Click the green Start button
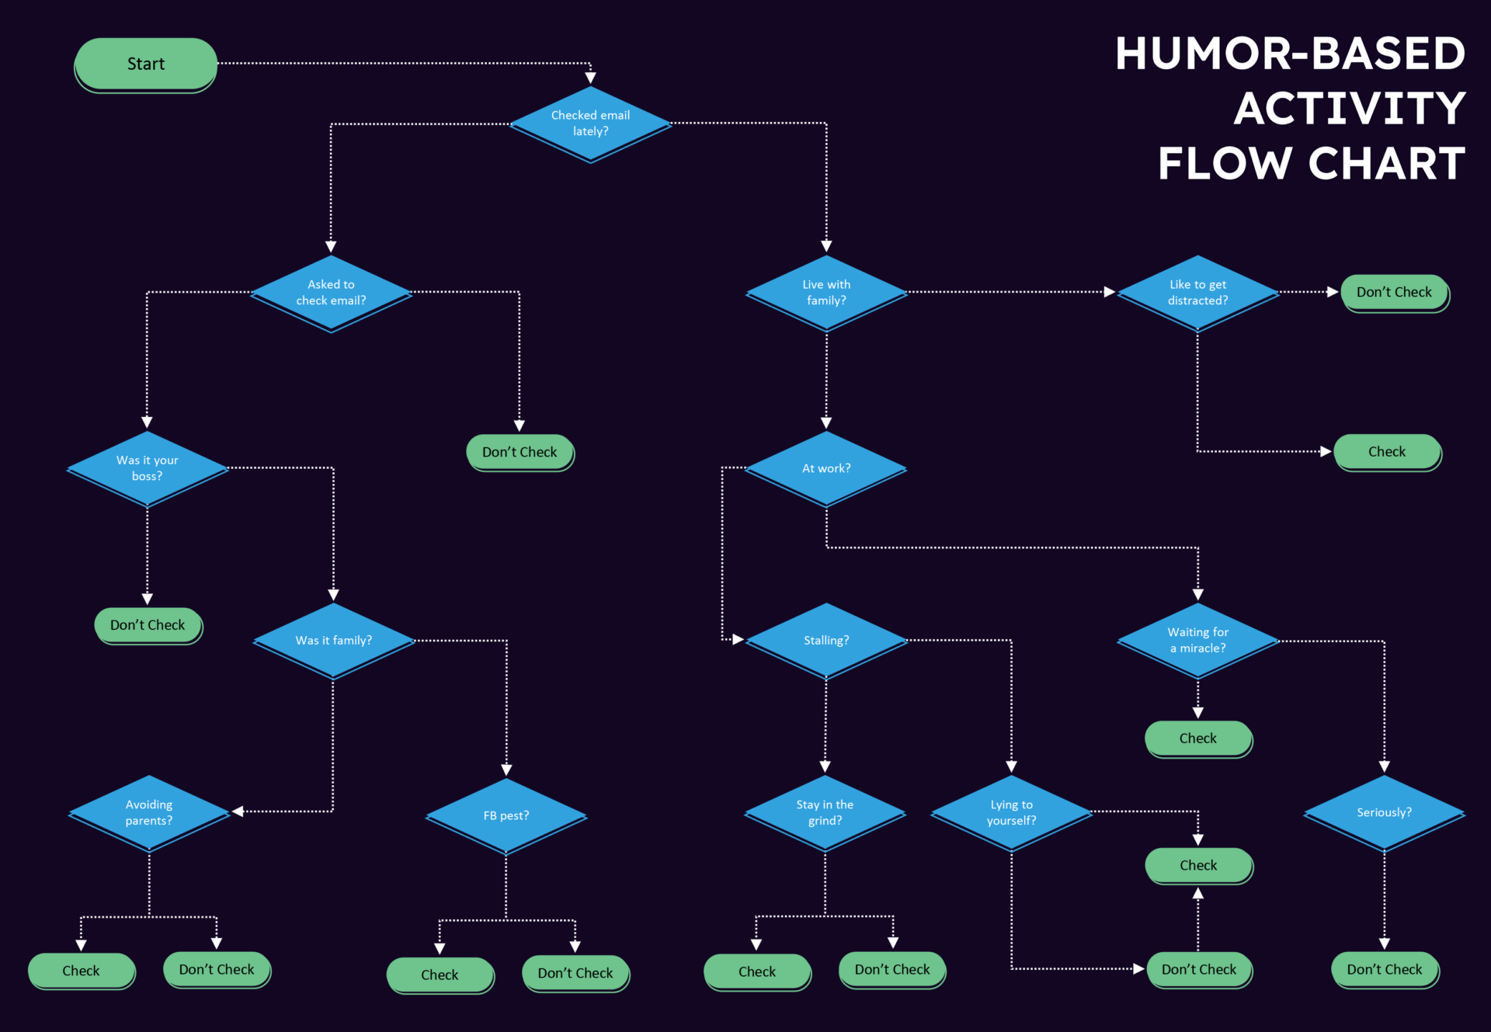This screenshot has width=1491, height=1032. [146, 64]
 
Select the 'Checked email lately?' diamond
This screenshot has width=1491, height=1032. [590, 123]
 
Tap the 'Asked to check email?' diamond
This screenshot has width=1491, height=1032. [331, 292]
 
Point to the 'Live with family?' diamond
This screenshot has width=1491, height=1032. [826, 292]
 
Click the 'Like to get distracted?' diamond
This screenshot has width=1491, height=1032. [1197, 292]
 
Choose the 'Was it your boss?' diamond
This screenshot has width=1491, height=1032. [147, 467]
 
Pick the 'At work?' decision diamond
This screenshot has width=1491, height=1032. [826, 468]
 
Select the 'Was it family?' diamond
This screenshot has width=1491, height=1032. [333, 640]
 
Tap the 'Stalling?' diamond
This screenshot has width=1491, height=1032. [826, 640]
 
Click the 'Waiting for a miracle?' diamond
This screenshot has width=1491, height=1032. [1197, 640]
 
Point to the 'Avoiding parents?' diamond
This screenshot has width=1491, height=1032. [149, 812]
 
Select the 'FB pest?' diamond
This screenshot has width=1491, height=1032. [506, 815]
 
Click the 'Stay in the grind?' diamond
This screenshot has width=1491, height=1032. [825, 812]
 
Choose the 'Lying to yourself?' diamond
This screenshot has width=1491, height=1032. [1011, 812]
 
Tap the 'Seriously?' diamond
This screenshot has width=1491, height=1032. [1384, 812]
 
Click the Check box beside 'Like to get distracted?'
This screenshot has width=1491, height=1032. [1386, 452]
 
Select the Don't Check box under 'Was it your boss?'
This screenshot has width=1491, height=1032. [148, 625]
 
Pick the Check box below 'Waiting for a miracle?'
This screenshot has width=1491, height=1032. [1197, 738]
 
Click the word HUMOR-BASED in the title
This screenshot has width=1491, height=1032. [1290, 54]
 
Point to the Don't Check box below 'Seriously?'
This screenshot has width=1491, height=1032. [1384, 969]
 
